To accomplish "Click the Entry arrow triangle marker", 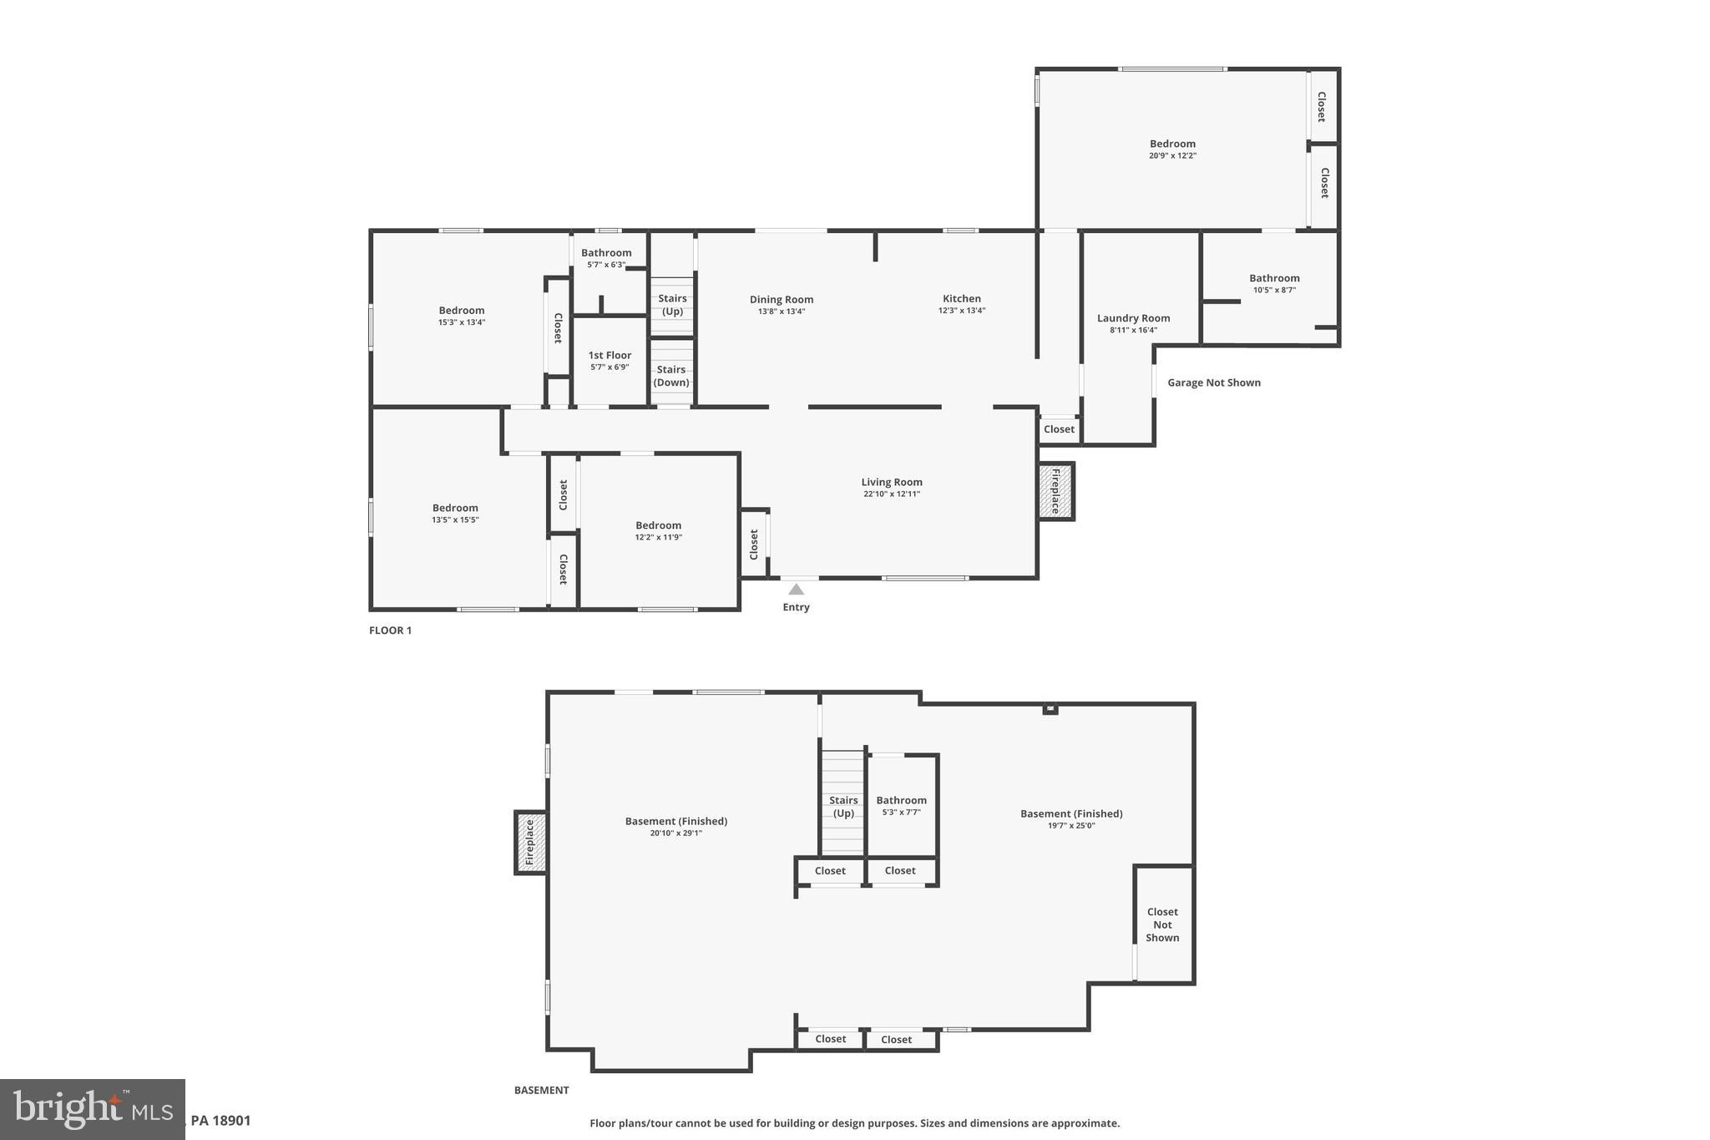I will [797, 590].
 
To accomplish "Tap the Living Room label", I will [892, 482].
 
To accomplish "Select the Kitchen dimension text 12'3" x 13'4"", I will [962, 311].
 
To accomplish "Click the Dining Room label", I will [781, 299].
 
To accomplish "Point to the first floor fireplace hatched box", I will [1055, 491].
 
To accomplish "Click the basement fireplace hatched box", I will [529, 842].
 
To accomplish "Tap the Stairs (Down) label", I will [671, 376].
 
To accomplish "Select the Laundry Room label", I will [1133, 318].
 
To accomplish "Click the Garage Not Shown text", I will [1213, 383].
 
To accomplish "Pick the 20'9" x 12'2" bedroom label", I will [1172, 144].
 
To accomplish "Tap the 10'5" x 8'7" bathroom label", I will [1274, 279].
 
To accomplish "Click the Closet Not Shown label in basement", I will [1162, 925].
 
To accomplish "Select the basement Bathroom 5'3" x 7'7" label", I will [901, 801].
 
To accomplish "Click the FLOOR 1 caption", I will [390, 631].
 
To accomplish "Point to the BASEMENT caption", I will [541, 1090].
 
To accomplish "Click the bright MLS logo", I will [92, 1109].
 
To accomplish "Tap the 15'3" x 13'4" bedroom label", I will [462, 311].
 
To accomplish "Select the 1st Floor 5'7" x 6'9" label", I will [610, 356].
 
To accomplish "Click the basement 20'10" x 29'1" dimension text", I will [675, 833].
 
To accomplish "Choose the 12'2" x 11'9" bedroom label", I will [658, 526].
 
